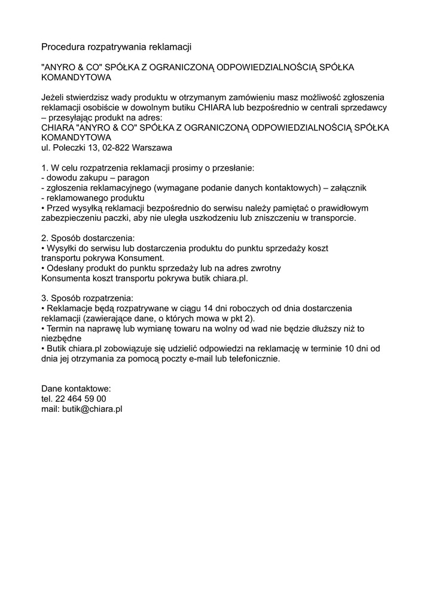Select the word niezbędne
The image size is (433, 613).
click(x=62, y=338)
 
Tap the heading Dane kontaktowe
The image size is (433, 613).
click(x=76, y=389)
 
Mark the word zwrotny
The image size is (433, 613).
click(x=266, y=268)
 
